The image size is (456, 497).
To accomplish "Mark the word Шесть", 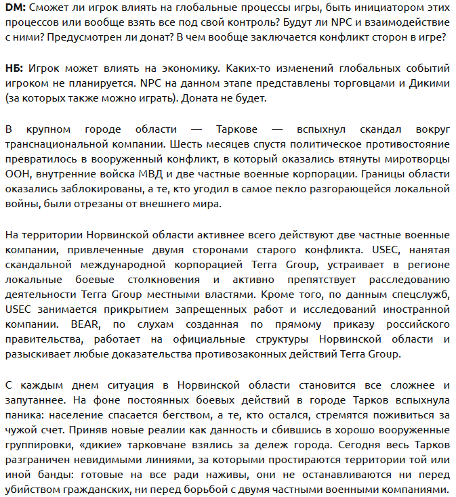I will (x=188, y=144).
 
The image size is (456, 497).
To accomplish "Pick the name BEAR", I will (x=89, y=324).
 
